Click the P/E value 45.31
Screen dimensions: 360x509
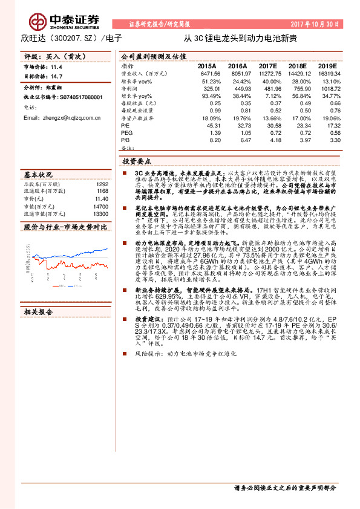click(x=209, y=126)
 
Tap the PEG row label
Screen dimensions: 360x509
click(x=126, y=132)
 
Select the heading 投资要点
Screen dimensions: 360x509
click(x=137, y=161)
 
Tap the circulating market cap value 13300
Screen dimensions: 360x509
click(x=100, y=213)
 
